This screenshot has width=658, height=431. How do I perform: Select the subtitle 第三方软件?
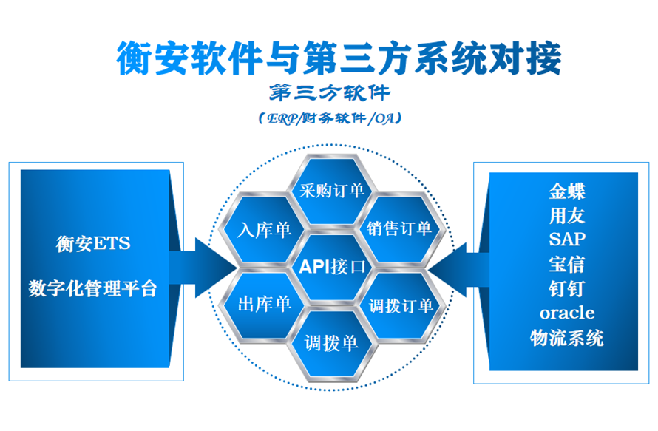click(330, 94)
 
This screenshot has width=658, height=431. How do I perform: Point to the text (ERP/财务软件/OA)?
click(330, 118)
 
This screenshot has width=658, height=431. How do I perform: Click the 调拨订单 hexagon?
click(400, 305)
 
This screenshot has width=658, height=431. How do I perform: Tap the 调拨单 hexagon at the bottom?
click(331, 343)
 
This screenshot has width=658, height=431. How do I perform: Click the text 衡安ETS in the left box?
click(93, 243)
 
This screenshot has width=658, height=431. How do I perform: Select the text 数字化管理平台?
click(93, 288)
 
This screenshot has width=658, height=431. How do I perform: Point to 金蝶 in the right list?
click(567, 191)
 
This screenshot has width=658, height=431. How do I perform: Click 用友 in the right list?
click(567, 215)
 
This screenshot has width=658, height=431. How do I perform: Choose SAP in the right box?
click(567, 240)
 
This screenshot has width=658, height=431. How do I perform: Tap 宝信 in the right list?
click(567, 264)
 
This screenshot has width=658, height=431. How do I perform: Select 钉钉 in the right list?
click(567, 288)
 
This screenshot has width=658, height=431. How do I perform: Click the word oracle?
click(567, 313)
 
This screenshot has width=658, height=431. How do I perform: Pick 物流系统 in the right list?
click(567, 338)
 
